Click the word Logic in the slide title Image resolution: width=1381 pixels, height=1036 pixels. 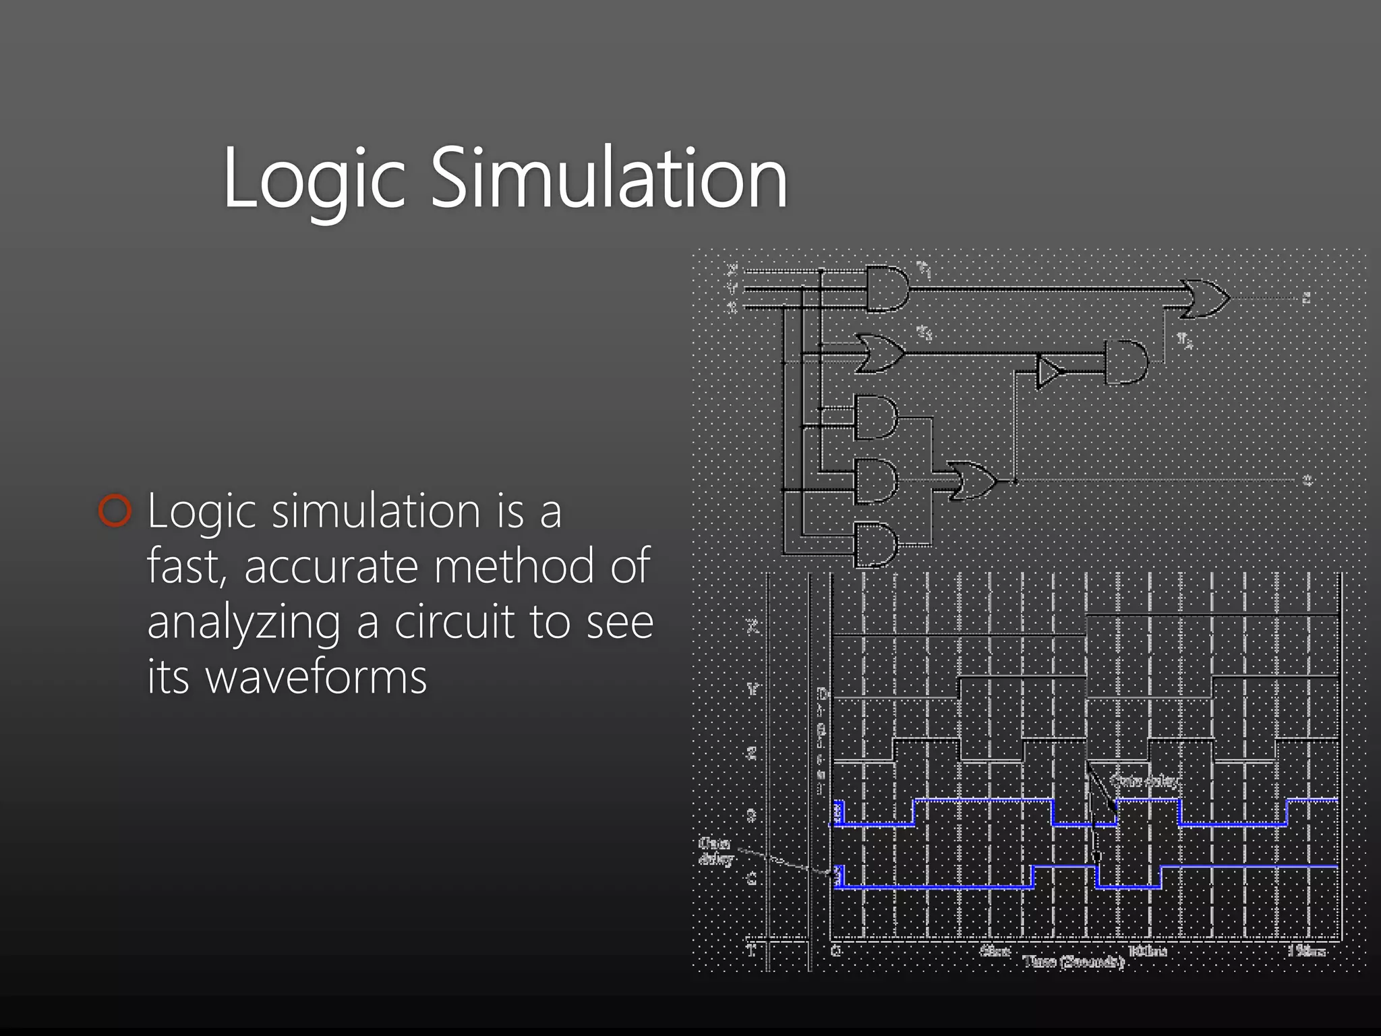click(x=314, y=179)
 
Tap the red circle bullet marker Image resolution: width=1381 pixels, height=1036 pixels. click(x=115, y=511)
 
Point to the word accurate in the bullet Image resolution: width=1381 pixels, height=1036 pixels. click(x=333, y=566)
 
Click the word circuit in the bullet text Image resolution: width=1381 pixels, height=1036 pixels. click(x=457, y=621)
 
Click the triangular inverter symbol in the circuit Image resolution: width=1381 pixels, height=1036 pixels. click(x=1049, y=371)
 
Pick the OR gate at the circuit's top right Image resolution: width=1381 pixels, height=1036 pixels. click(x=1206, y=297)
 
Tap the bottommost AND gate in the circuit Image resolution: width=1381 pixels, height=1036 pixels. click(x=875, y=544)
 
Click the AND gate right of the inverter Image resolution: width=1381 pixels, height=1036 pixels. click(x=1125, y=362)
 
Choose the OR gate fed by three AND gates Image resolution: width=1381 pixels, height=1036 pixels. click(x=971, y=480)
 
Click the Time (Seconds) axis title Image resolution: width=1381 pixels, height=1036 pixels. click(x=1074, y=962)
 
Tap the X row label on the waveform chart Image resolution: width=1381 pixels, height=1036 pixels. click(x=753, y=627)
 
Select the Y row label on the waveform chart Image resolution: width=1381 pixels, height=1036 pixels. click(x=753, y=689)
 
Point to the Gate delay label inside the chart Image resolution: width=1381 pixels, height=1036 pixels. click(x=1146, y=781)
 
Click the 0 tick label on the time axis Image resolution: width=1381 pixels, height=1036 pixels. click(x=836, y=951)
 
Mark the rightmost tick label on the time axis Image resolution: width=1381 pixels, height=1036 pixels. click(x=1307, y=951)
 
